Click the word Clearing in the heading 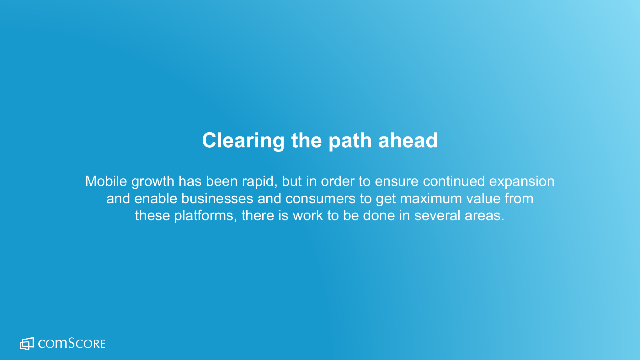point(243,141)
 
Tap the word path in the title point(350,141)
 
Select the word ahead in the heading point(408,140)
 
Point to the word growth point(153,182)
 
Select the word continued point(454,181)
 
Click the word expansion point(522,182)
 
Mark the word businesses point(217,199)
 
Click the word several point(437,216)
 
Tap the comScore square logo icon point(27,344)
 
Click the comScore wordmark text point(72,343)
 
